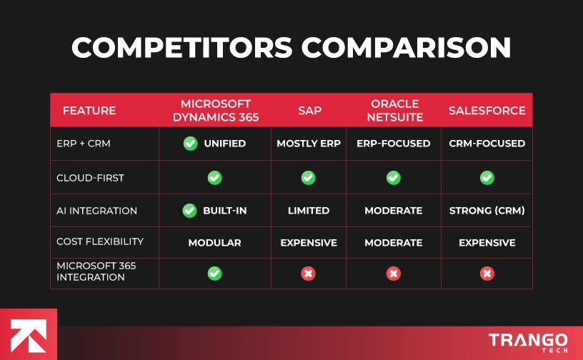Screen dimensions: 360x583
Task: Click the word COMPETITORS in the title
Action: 182,48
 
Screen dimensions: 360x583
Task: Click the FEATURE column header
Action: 89,111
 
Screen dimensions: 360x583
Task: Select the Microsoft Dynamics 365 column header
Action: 214,111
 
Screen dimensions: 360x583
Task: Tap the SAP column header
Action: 308,111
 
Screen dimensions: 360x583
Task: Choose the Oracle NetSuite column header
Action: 394,111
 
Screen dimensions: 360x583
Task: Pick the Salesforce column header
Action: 487,111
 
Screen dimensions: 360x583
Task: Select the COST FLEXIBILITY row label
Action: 100,242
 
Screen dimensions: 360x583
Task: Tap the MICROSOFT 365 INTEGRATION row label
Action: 96,271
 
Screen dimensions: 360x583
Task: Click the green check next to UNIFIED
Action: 190,144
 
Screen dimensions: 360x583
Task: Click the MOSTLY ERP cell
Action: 308,144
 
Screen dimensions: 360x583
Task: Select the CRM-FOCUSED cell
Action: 487,144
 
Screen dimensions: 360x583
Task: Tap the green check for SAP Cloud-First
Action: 308,177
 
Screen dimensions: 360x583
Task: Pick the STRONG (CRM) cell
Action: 487,211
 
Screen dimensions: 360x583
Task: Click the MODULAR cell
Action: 214,243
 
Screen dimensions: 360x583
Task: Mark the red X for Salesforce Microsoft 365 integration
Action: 487,273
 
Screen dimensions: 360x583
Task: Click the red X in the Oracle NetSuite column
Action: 394,273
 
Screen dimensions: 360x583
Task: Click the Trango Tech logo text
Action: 528,341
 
